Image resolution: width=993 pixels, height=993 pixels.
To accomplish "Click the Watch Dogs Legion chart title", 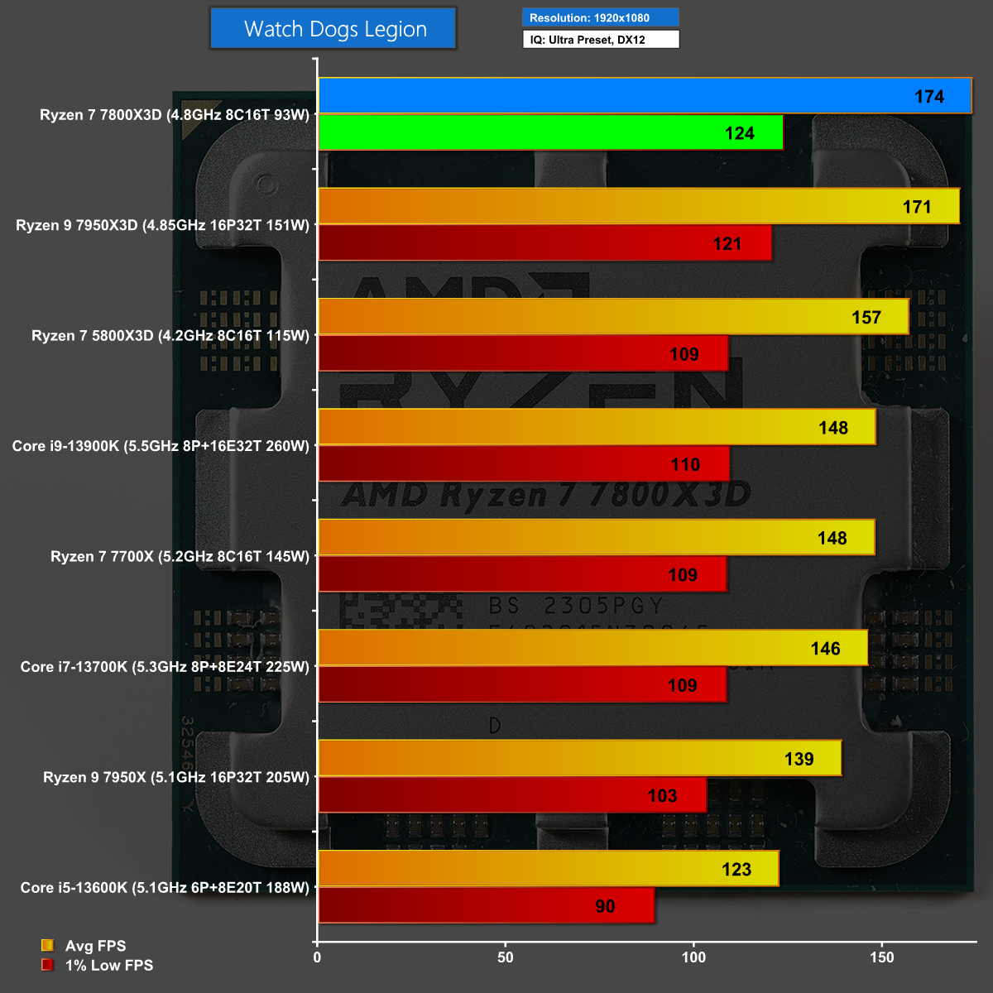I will [x=333, y=29].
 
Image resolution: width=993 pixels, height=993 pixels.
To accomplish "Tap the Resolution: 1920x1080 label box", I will [x=600, y=17].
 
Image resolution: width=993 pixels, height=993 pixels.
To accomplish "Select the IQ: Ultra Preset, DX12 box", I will [x=600, y=39].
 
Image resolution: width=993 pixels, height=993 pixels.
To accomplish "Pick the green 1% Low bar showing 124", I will [x=550, y=132].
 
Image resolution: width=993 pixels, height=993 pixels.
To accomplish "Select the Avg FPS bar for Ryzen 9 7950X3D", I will [x=638, y=206].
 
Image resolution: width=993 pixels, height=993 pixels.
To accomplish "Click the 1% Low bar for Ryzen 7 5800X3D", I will [x=523, y=353].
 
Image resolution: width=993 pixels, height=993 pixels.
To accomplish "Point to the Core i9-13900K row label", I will [x=161, y=446].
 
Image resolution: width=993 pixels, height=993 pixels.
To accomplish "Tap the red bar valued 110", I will [x=524, y=464].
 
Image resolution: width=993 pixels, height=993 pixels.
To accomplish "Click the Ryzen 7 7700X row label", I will [x=180, y=556].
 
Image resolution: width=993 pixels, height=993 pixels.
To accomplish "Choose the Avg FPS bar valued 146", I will [x=592, y=648].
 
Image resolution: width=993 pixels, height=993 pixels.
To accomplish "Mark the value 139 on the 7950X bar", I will [x=799, y=759].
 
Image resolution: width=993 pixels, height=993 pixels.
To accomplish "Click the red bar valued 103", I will [x=512, y=795].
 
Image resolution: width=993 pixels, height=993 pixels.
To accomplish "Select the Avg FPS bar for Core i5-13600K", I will [x=548, y=869].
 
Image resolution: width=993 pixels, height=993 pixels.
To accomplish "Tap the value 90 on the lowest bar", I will [x=605, y=906].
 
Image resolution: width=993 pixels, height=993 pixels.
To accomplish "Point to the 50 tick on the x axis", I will [x=506, y=957].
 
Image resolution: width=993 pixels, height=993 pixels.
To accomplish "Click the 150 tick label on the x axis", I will [x=882, y=957].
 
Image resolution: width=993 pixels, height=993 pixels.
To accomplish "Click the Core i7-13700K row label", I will [x=165, y=666].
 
